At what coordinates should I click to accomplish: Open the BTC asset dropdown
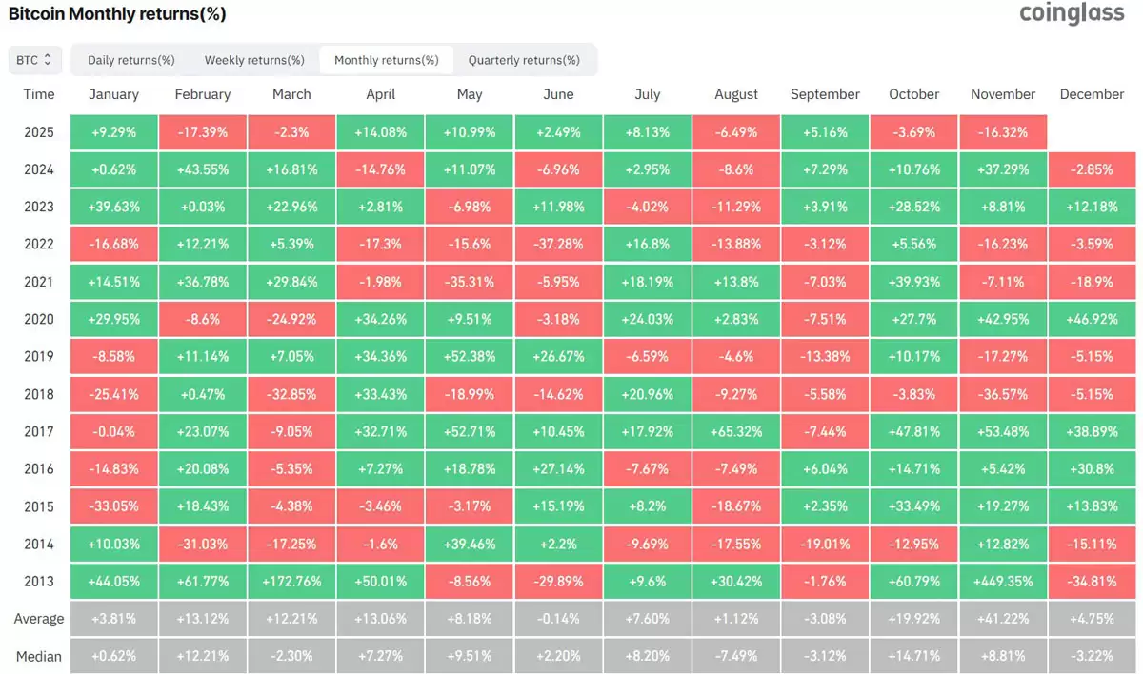35,60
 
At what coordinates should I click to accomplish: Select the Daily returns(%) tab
131,60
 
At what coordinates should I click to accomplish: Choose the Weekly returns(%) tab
254,60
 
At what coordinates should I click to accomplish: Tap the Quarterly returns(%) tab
524,60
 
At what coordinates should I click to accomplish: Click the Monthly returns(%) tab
387,60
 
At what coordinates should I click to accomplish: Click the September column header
825,94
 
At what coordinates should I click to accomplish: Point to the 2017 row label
39,432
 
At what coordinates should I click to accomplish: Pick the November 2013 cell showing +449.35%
1002,582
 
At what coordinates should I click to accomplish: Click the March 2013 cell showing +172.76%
291,582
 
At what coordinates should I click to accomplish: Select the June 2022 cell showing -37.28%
558,245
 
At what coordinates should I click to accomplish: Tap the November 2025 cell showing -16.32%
1002,132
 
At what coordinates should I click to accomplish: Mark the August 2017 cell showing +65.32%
736,432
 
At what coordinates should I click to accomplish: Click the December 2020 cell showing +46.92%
1092,320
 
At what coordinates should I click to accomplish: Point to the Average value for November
1002,619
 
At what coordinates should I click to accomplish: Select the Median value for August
736,656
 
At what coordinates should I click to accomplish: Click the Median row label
39,656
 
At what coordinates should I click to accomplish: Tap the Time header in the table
39,94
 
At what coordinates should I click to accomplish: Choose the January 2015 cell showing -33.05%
113,506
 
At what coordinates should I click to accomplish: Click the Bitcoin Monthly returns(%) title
117,15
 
